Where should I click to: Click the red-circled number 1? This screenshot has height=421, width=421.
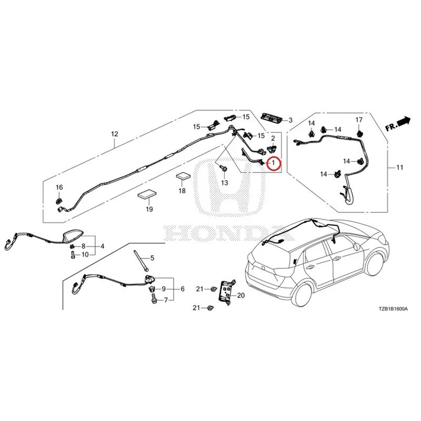(273, 163)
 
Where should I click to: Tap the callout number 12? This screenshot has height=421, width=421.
(115, 134)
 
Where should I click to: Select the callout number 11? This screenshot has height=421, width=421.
(400, 167)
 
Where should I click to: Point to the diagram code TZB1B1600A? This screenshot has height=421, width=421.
(393, 309)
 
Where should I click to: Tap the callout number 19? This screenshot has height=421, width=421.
(149, 209)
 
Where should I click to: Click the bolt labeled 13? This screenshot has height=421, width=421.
(223, 168)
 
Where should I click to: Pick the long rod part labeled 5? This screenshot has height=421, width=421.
(141, 260)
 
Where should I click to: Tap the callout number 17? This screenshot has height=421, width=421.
(359, 120)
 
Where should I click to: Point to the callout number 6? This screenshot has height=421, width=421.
(183, 289)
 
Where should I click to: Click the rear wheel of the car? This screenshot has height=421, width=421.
(303, 294)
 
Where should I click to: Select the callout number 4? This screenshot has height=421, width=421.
(102, 246)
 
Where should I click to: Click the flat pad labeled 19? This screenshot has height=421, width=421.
(147, 195)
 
